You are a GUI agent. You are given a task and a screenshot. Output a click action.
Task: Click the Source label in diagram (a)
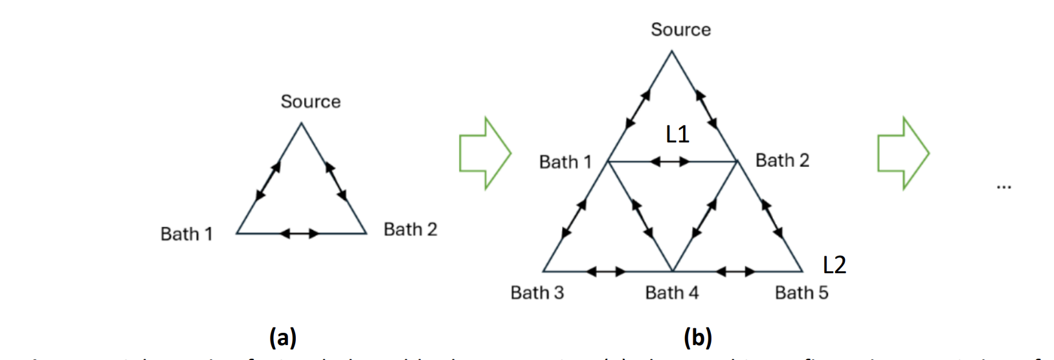click(310, 102)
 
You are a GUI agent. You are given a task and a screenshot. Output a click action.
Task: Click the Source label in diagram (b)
click(680, 30)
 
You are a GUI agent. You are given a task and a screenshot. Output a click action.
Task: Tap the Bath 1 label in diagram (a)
click(186, 234)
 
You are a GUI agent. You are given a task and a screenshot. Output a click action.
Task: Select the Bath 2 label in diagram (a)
click(410, 229)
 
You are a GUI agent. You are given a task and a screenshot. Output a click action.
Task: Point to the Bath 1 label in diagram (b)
click(565, 162)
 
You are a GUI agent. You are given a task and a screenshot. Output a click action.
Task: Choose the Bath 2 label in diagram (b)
click(782, 160)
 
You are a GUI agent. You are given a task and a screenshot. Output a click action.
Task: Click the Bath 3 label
click(537, 293)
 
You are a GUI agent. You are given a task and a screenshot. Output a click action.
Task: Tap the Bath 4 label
click(671, 293)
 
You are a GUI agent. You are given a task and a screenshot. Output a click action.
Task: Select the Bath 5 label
click(801, 293)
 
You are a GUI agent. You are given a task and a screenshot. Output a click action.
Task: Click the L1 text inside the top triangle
click(677, 134)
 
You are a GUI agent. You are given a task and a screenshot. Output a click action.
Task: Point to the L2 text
click(834, 265)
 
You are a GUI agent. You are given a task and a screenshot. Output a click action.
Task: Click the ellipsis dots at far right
click(1004, 187)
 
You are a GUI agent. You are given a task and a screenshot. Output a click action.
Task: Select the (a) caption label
click(282, 337)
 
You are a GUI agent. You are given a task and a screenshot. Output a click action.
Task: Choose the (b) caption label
click(698, 337)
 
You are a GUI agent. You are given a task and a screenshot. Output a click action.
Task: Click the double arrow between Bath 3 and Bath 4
click(605, 271)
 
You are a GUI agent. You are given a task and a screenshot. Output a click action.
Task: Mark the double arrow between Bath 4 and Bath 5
click(735, 271)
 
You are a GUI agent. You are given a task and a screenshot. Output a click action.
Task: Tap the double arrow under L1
click(670, 161)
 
